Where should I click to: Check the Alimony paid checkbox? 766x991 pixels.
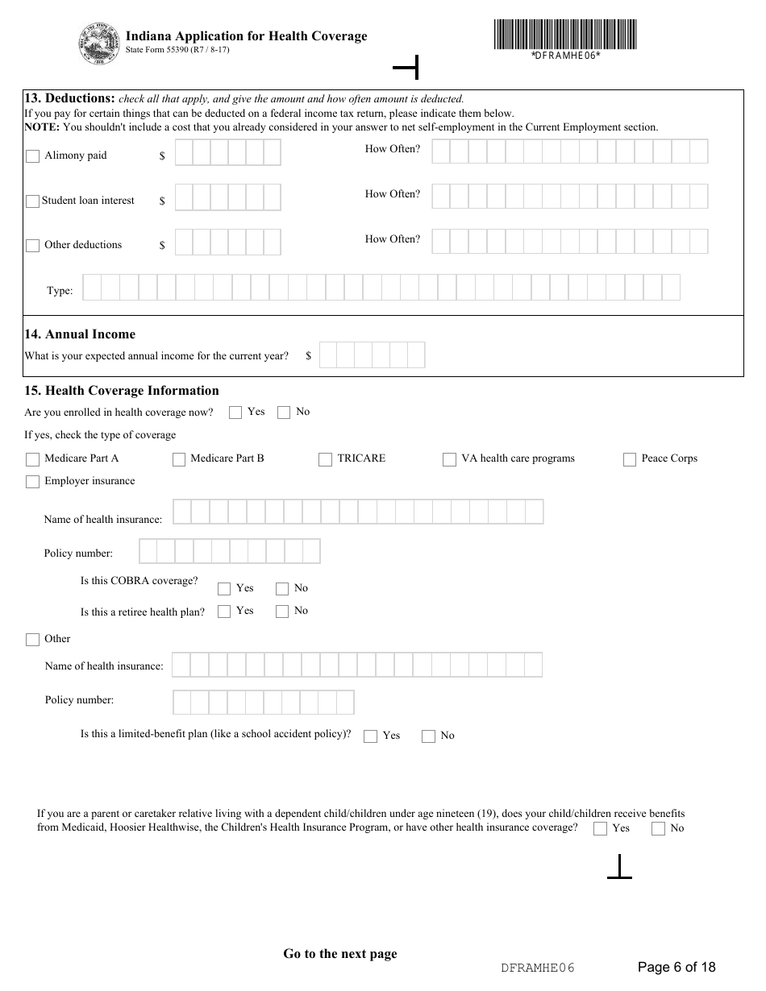(x=32, y=156)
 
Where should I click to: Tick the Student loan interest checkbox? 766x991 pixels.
(x=32, y=201)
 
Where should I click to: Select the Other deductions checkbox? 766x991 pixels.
(x=32, y=246)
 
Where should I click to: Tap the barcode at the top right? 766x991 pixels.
(x=565, y=35)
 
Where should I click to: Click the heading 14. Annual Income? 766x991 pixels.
(x=80, y=334)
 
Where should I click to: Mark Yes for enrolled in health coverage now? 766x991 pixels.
(x=235, y=413)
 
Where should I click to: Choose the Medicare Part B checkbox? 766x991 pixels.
(x=179, y=459)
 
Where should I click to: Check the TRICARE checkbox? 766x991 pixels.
(x=325, y=459)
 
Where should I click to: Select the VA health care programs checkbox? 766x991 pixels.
(x=449, y=459)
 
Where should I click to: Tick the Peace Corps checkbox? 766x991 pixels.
(x=630, y=459)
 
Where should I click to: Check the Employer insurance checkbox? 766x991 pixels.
(x=32, y=482)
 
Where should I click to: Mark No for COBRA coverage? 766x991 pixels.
(x=282, y=589)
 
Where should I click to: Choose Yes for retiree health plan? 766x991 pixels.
(x=224, y=612)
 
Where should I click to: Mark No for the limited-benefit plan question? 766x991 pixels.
(x=428, y=736)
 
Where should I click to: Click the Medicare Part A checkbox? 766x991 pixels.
(x=32, y=459)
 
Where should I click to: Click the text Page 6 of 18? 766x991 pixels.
(x=676, y=967)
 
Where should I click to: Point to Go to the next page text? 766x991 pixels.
(x=339, y=954)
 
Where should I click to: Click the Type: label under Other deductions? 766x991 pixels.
(x=60, y=291)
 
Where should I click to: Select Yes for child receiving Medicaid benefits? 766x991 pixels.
(x=600, y=828)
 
